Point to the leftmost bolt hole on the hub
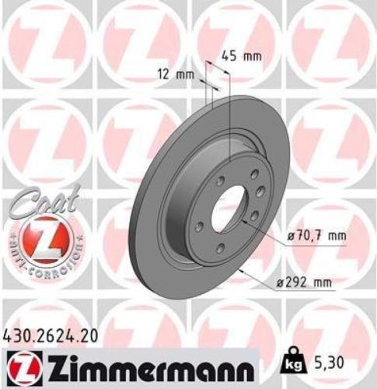click(x=198, y=226)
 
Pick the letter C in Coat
click(x=21, y=209)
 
